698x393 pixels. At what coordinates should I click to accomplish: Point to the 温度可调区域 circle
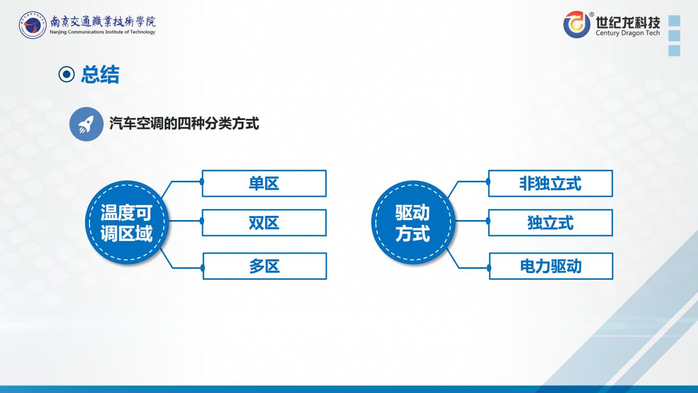(127, 222)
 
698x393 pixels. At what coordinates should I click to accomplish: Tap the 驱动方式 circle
(413, 222)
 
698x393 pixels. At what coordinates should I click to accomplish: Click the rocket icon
(86, 124)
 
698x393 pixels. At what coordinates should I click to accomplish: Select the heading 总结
(100, 74)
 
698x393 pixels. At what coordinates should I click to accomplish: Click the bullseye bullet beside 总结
(67, 74)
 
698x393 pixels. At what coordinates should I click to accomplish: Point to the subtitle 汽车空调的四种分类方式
(184, 124)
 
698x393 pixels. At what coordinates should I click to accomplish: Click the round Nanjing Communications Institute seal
(32, 25)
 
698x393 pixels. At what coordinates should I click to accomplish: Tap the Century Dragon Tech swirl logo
(577, 24)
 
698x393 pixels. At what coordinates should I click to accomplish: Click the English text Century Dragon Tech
(628, 33)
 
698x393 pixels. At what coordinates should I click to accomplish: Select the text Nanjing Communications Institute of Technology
(103, 32)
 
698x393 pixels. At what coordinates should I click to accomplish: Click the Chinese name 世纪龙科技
(628, 22)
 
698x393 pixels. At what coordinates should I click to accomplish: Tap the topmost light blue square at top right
(674, 21)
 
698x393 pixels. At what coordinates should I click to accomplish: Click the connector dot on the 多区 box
(203, 268)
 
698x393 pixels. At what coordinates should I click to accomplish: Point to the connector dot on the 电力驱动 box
(489, 268)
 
